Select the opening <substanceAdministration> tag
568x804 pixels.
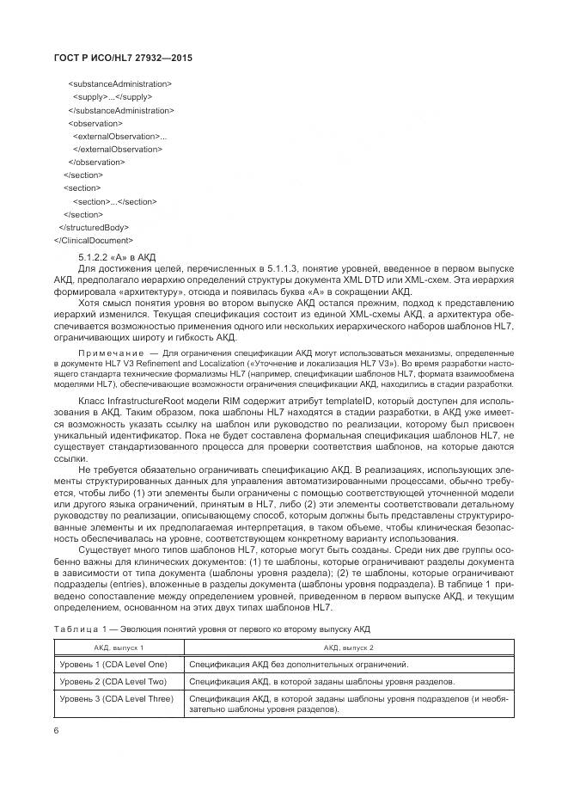pos(119,84)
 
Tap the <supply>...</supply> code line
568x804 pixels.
pos(113,97)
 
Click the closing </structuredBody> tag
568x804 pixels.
pos(99,227)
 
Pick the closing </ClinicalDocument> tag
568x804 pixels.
pos(93,240)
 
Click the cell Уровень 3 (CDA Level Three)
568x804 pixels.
pos(117,699)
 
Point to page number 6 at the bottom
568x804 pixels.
pos(57,729)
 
